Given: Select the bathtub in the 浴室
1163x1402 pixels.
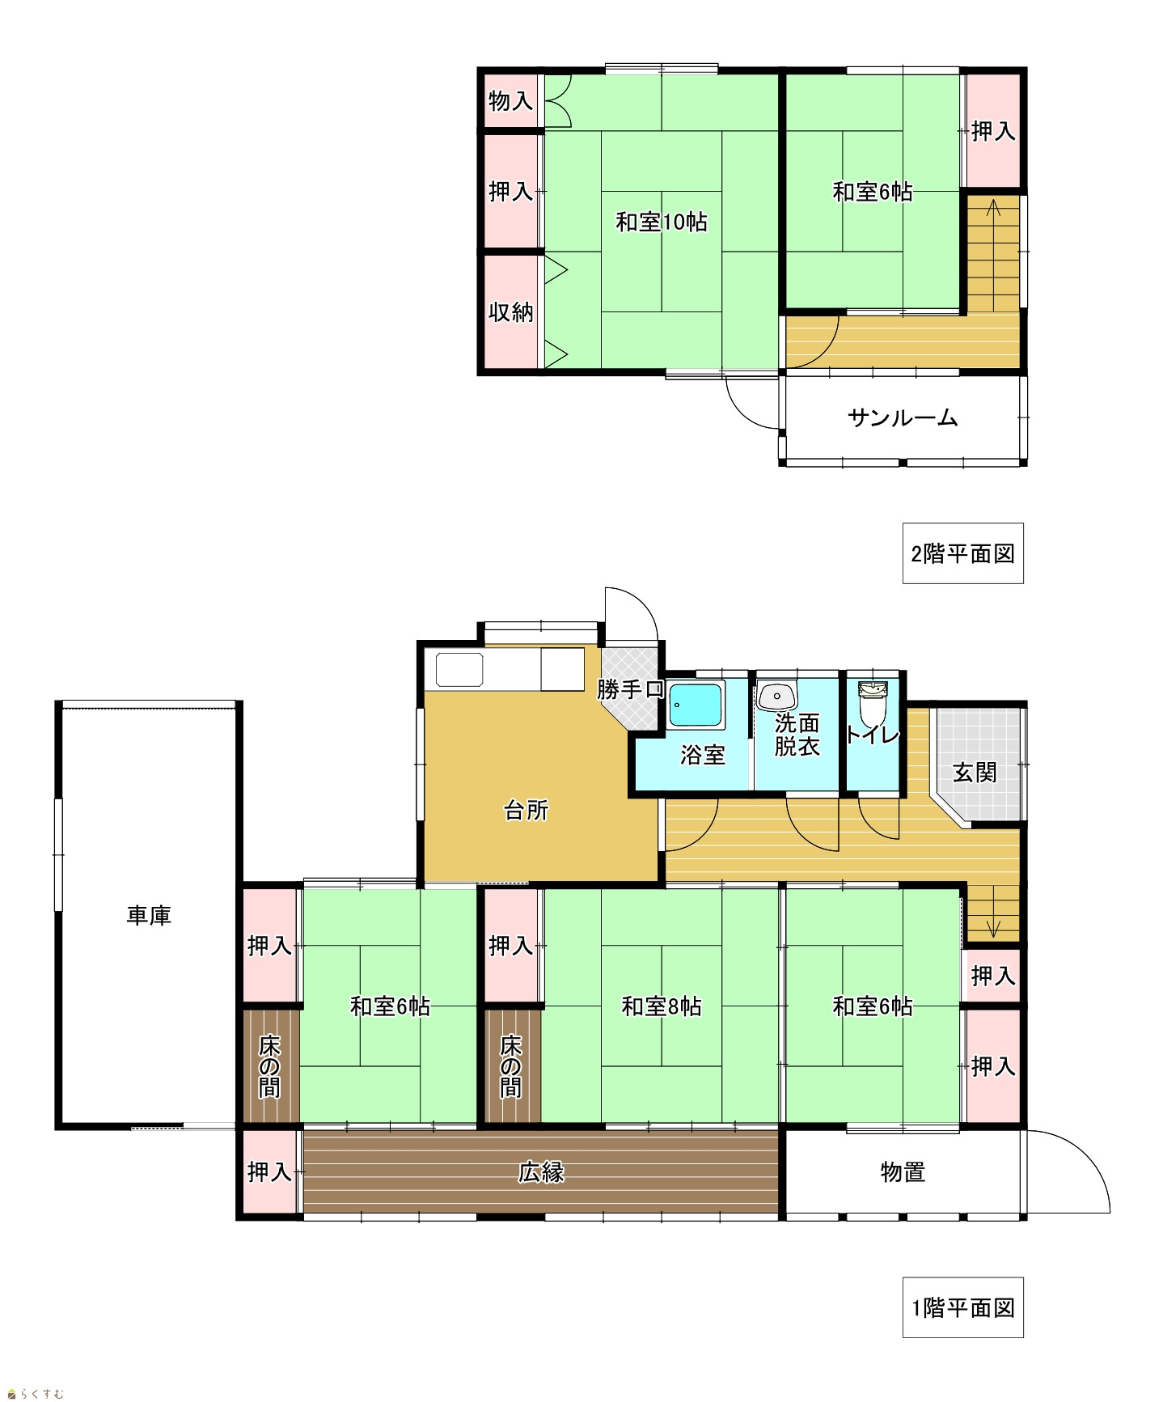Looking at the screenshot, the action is coord(696,705).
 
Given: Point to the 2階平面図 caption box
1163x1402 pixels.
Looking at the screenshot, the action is coord(962,553).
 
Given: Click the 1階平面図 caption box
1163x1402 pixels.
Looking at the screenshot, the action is coord(962,1307).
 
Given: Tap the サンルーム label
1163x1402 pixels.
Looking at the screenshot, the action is coord(903,418).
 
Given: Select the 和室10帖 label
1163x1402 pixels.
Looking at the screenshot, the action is coord(662,222).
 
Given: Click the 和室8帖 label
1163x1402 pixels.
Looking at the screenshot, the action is coord(661,1006).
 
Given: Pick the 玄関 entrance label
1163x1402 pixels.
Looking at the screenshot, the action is coord(975,772).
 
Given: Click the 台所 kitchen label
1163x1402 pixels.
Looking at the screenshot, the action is coord(527,810).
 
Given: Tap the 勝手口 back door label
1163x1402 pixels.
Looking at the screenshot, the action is coord(631,689).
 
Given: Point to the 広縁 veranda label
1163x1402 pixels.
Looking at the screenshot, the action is coord(541,1171).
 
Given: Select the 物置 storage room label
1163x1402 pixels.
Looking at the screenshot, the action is coord(903,1171).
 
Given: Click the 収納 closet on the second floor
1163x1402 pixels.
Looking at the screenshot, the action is coord(511,311).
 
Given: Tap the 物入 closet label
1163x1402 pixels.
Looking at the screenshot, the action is coord(511,101).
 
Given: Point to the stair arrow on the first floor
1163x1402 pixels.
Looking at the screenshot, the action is coord(993,911).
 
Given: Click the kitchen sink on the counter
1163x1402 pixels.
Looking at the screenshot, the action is coord(459,670).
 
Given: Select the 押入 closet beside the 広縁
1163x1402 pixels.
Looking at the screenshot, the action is coord(269,1171).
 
